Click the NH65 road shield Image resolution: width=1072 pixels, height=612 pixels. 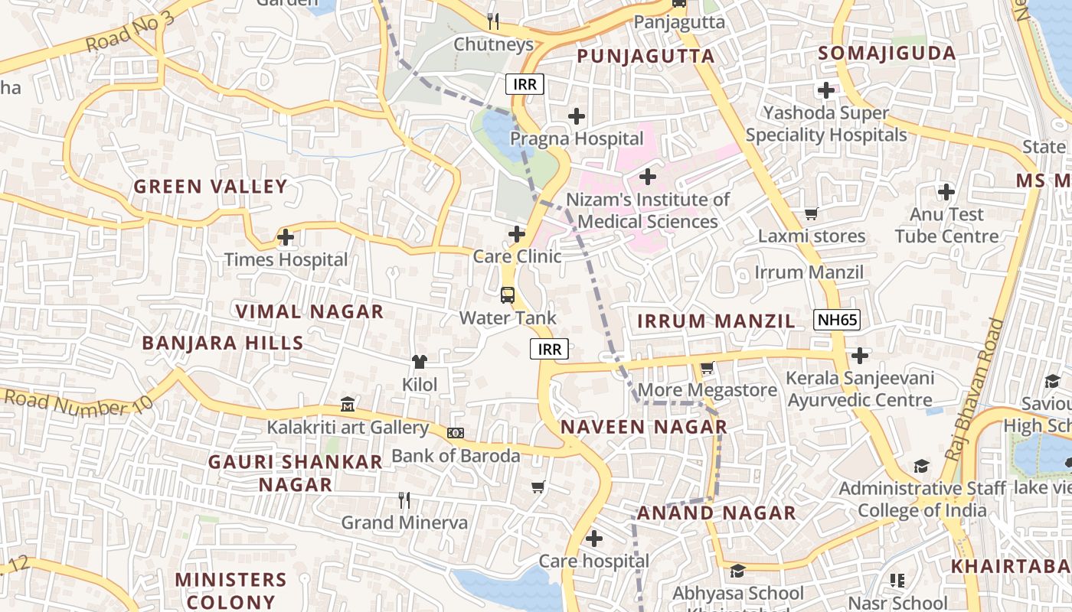[836, 321]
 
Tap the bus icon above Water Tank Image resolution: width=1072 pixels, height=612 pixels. [507, 295]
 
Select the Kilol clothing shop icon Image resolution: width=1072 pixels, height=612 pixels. [419, 362]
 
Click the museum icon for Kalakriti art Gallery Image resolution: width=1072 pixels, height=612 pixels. [348, 404]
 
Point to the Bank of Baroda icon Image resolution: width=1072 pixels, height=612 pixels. [456, 433]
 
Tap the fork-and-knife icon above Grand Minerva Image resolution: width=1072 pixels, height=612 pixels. [404, 500]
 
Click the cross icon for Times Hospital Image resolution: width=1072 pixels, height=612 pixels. [286, 237]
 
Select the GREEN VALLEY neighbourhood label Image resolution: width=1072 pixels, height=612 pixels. [211, 187]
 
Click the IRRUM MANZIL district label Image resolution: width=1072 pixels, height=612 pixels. [716, 321]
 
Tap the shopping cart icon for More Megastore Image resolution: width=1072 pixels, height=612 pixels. [707, 368]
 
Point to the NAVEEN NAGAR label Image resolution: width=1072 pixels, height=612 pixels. [643, 428]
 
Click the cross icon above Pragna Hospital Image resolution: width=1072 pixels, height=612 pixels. [577, 116]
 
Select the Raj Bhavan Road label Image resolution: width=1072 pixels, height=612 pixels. [974, 390]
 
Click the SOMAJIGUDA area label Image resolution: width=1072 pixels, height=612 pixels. [887, 54]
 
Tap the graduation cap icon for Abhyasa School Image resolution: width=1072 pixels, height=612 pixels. [737, 571]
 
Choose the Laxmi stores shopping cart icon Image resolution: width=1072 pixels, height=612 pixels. [811, 213]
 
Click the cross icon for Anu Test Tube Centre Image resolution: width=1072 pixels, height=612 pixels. [946, 191]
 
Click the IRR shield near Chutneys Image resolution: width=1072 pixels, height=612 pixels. [525, 84]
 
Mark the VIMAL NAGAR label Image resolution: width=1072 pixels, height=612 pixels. [309, 312]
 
